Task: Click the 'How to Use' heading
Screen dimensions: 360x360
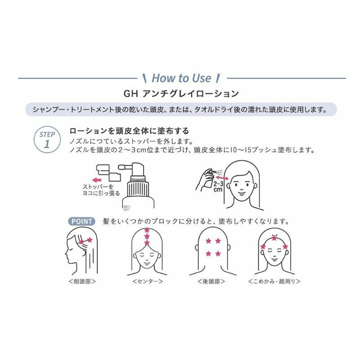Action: [181, 78]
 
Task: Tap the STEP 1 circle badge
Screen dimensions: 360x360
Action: [47, 140]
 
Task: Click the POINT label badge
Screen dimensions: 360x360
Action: [81, 221]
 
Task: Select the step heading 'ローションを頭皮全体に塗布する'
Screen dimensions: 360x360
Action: [129, 131]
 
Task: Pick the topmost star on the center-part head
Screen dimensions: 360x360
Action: [147, 230]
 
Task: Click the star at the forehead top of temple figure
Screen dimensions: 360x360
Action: [274, 237]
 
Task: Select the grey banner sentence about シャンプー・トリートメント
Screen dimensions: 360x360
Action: [180, 109]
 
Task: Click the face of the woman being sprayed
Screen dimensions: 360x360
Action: [243, 184]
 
